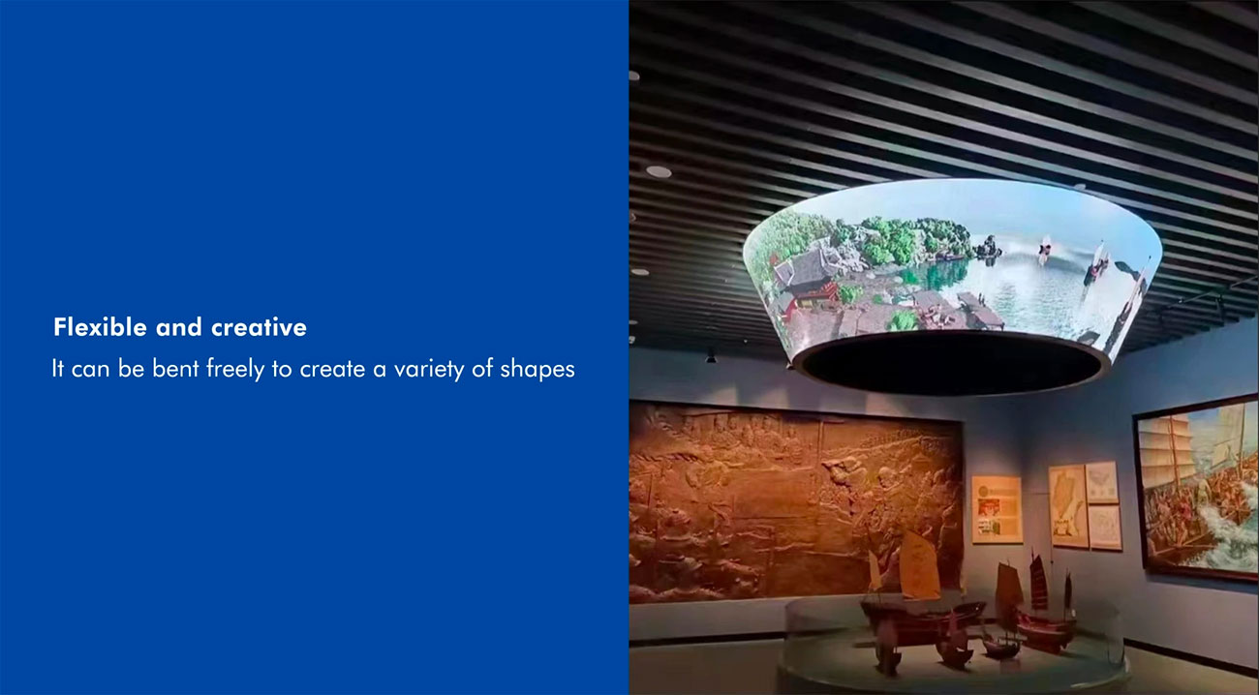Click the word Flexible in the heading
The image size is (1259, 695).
(100, 327)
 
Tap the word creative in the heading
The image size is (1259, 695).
(259, 327)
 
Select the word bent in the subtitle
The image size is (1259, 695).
(175, 369)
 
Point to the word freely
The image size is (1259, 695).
(235, 370)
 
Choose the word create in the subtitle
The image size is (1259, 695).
(332, 369)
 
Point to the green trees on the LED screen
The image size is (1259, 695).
(900, 239)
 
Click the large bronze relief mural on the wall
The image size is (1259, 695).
(795, 501)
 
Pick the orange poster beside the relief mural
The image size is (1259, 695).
(998, 509)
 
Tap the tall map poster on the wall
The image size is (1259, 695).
(1068, 505)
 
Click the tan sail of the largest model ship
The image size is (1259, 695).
(919, 564)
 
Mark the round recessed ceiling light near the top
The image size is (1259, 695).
(659, 171)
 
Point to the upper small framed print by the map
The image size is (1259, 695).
(1102, 483)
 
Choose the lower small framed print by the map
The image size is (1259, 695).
(1105, 528)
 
